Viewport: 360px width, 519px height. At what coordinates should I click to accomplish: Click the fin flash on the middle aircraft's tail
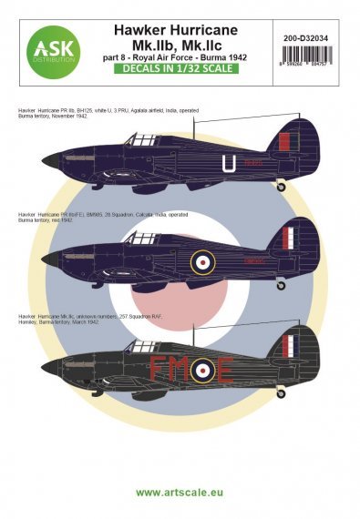click(290, 240)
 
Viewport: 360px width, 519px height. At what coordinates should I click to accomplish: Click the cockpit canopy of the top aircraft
click(141, 139)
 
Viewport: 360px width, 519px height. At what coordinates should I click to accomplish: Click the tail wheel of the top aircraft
click(289, 186)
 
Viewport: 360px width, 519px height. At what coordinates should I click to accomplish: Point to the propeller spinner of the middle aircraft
click(50, 260)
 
